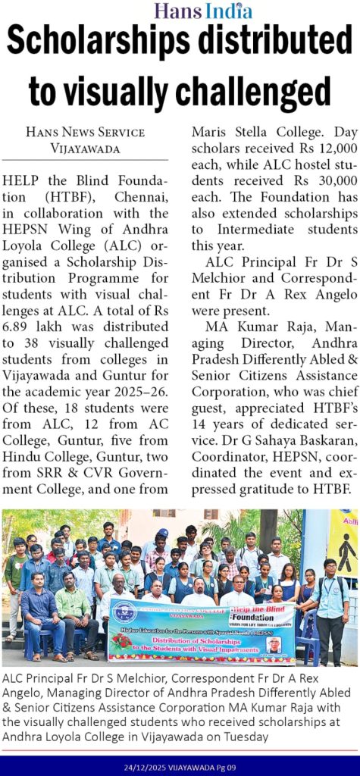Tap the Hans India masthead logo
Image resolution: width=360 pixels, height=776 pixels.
[x=202, y=10]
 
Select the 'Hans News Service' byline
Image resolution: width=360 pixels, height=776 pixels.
[x=85, y=132]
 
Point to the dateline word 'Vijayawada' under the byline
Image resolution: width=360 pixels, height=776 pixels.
[x=85, y=149]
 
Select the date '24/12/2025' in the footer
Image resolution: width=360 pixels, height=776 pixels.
[x=146, y=767]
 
